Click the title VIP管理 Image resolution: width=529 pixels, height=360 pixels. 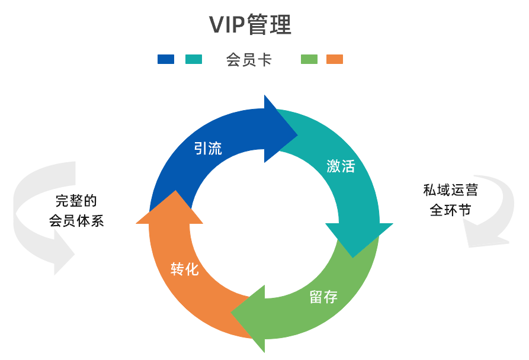tap(251, 25)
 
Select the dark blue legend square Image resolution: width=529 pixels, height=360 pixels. tap(166, 59)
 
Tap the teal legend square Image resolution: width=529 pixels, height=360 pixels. tap(194, 59)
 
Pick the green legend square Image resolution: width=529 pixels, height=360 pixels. tap(309, 59)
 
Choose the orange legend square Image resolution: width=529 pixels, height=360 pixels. tap(335, 59)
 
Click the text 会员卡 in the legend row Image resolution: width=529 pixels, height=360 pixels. tap(249, 60)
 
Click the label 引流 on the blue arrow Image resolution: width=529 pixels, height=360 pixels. tap(208, 148)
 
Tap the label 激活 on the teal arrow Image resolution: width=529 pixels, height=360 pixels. tap(341, 166)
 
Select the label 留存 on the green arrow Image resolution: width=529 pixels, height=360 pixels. tap(323, 297)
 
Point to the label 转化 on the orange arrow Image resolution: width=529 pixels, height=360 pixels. tap(184, 269)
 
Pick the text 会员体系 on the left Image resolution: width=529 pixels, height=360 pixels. tap(76, 221)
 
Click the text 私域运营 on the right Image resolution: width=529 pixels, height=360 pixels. tap(450, 191)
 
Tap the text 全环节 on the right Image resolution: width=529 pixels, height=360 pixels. tap(450, 210)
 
